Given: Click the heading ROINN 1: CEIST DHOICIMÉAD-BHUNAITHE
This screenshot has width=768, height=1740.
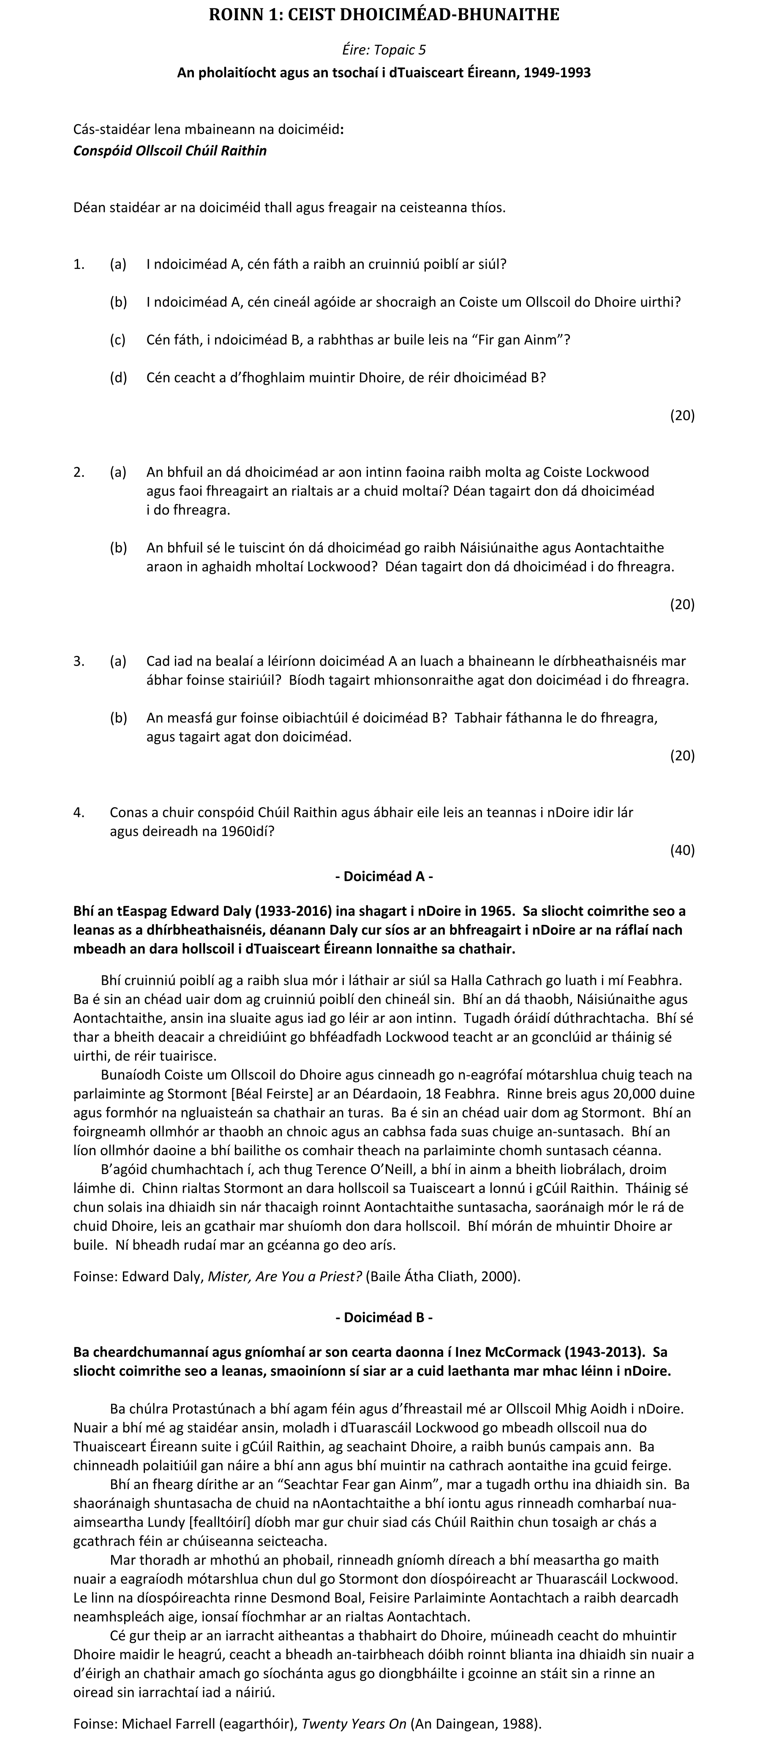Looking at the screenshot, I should coord(384,15).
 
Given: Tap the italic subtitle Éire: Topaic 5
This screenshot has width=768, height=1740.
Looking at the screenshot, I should coord(384,49).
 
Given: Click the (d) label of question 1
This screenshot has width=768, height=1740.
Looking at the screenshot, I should coord(118,378).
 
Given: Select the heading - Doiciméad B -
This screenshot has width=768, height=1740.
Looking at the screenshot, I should coord(384,1317).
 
